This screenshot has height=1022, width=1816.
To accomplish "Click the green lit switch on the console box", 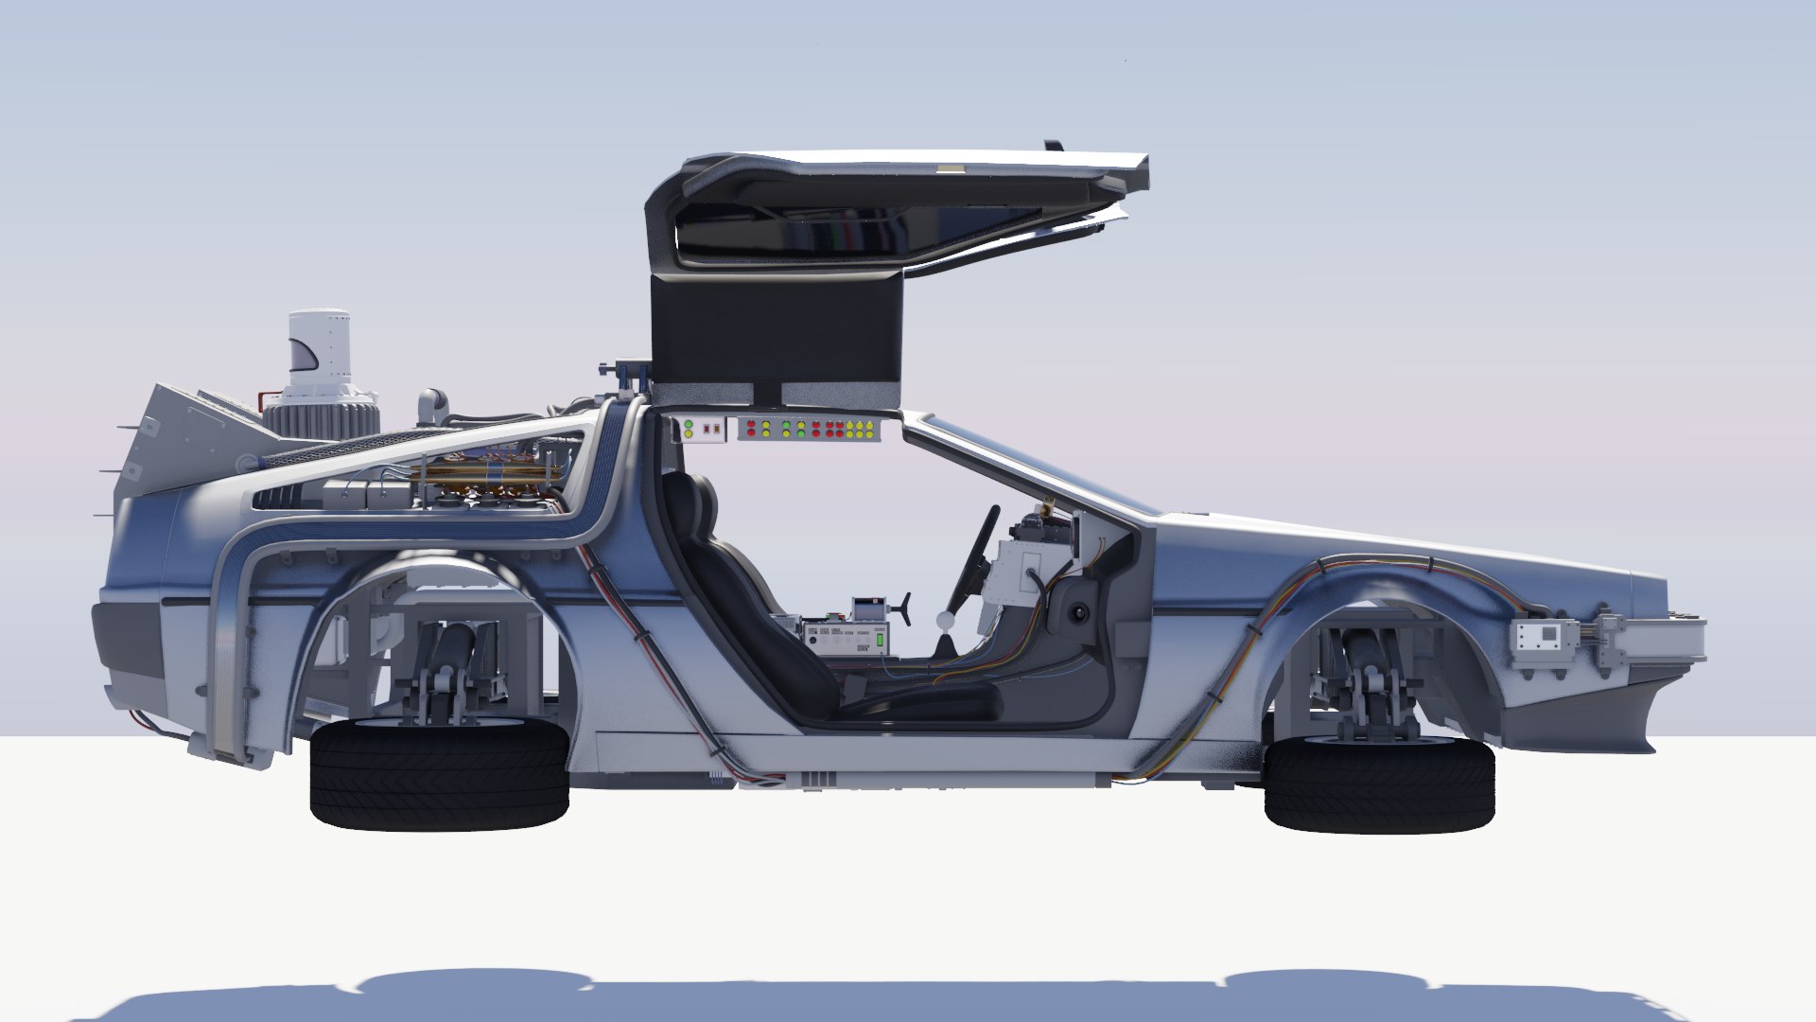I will [880, 640].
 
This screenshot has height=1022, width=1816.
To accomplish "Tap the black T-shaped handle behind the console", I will [904, 607].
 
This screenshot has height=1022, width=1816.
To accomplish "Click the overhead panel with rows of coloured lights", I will [809, 430].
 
